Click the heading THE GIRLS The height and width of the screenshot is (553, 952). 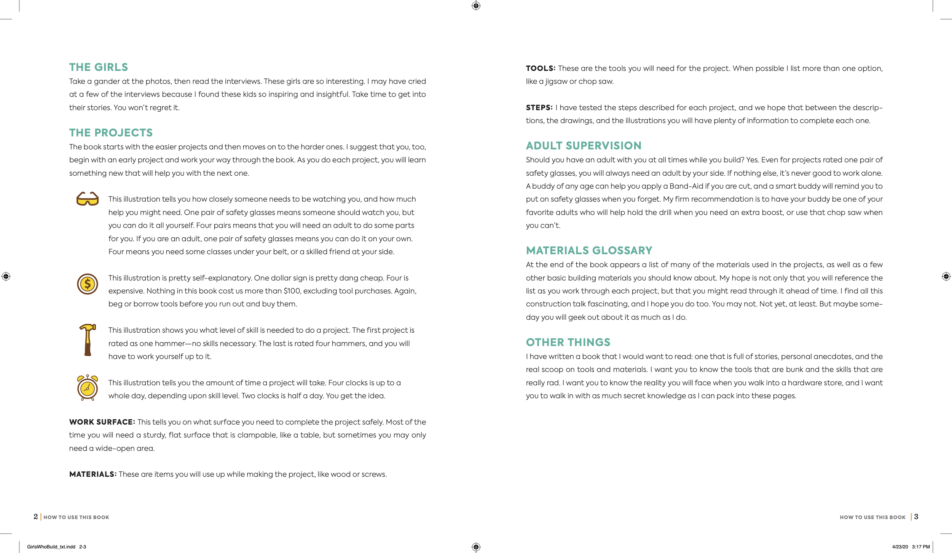click(99, 67)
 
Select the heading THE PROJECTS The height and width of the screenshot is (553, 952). click(111, 133)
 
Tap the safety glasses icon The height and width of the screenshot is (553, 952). click(88, 199)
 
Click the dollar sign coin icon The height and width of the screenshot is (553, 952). click(88, 284)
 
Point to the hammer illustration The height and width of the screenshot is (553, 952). click(88, 340)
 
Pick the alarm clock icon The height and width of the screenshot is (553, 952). click(88, 387)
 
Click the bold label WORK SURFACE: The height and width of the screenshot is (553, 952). click(102, 422)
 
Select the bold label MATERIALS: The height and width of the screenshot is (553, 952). click(93, 474)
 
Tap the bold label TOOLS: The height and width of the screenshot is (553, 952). click(541, 69)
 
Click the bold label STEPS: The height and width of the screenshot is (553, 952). click(539, 108)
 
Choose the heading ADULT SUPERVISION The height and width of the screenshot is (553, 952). click(584, 146)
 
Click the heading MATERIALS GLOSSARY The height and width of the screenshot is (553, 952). click(589, 251)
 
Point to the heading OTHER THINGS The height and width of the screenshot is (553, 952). click(568, 343)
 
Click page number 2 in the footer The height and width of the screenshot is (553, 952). click(36, 517)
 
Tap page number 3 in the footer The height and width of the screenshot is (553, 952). click(916, 517)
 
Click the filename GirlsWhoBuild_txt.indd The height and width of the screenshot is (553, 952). click(51, 547)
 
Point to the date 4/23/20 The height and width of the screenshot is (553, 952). click(900, 547)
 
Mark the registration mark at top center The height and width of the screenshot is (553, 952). click(476, 6)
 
